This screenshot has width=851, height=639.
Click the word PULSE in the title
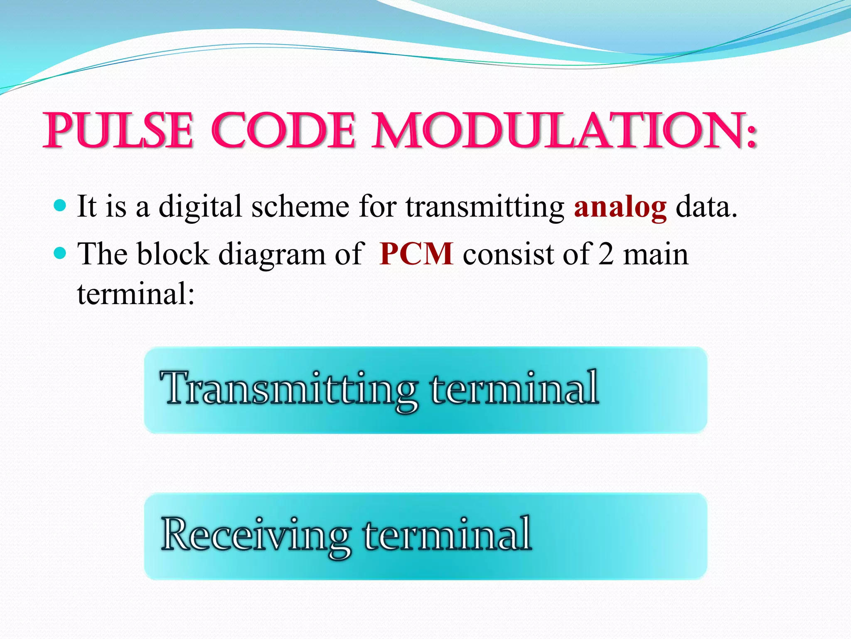click(x=118, y=131)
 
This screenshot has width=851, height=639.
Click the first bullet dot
click(x=60, y=205)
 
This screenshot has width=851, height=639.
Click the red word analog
click(x=620, y=207)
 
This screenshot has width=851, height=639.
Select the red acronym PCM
click(x=416, y=254)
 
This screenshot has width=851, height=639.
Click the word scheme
click(x=300, y=207)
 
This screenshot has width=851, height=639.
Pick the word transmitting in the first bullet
click(x=485, y=207)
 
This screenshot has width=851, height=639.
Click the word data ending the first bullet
click(x=706, y=207)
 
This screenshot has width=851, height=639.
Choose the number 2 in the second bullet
click(x=606, y=254)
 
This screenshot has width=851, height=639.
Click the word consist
click(x=508, y=254)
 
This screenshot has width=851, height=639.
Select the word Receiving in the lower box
click(x=255, y=535)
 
